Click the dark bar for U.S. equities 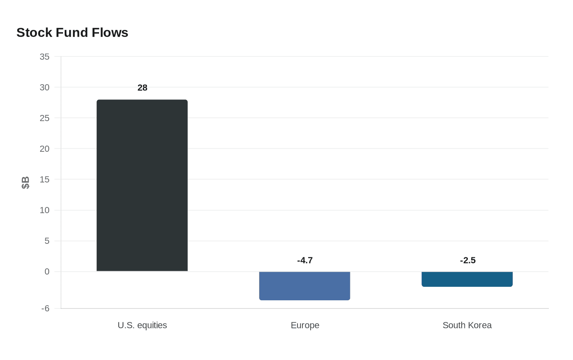[142, 185]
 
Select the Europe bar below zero [305, 286]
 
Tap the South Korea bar [467, 279]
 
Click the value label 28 [142, 88]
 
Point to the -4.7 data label [305, 260]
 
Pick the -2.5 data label [467, 260]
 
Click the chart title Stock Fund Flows [72, 32]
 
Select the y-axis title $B [25, 183]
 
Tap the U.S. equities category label [142, 325]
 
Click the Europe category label [305, 325]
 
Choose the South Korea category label [467, 325]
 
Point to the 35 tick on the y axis [45, 57]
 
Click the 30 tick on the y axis [45, 88]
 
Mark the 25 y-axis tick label [45, 118]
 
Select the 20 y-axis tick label [45, 149]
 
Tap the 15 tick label [45, 180]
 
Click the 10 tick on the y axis [45, 210]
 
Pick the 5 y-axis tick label [47, 241]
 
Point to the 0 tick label [47, 272]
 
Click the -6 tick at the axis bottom [45, 308]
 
